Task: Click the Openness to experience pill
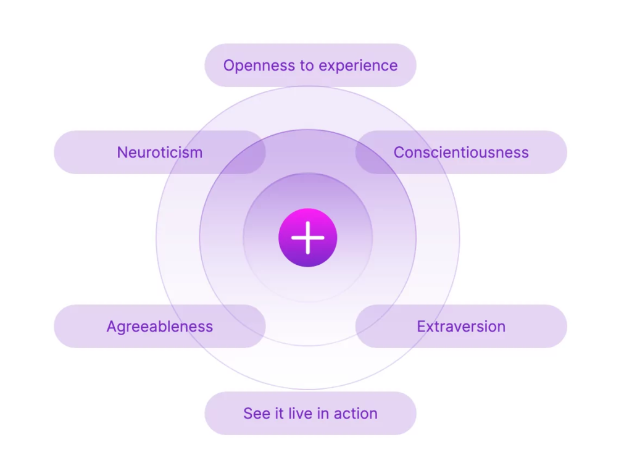pos(310,65)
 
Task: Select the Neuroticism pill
pos(160,152)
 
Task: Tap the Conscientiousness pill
pos(461,152)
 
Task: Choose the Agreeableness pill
pos(160,326)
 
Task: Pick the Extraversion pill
pos(461,326)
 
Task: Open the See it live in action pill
pos(310,414)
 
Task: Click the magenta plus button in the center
pos(308,238)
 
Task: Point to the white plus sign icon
pos(308,238)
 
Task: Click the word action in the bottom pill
pos(355,414)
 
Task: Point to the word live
pos(301,414)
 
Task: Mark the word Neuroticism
pos(160,152)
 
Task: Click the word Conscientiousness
pos(461,152)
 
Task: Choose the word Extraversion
pos(461,327)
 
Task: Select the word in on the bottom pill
pos(323,414)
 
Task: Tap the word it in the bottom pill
pos(279,414)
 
